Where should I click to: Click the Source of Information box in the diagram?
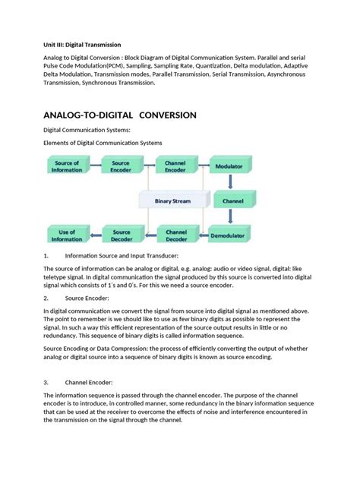click(x=68, y=166)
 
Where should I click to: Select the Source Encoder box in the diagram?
click(x=122, y=166)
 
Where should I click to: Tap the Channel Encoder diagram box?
click(x=176, y=166)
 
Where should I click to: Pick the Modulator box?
click(x=229, y=166)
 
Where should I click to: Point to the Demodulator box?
click(x=229, y=236)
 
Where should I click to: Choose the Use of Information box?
click(x=68, y=235)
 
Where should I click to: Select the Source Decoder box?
click(x=122, y=235)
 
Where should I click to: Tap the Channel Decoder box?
click(x=176, y=235)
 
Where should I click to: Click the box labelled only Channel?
click(x=229, y=201)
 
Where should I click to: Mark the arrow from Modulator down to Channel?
click(x=229, y=182)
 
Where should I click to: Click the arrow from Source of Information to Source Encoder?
click(x=95, y=166)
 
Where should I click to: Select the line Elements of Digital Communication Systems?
click(x=103, y=143)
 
